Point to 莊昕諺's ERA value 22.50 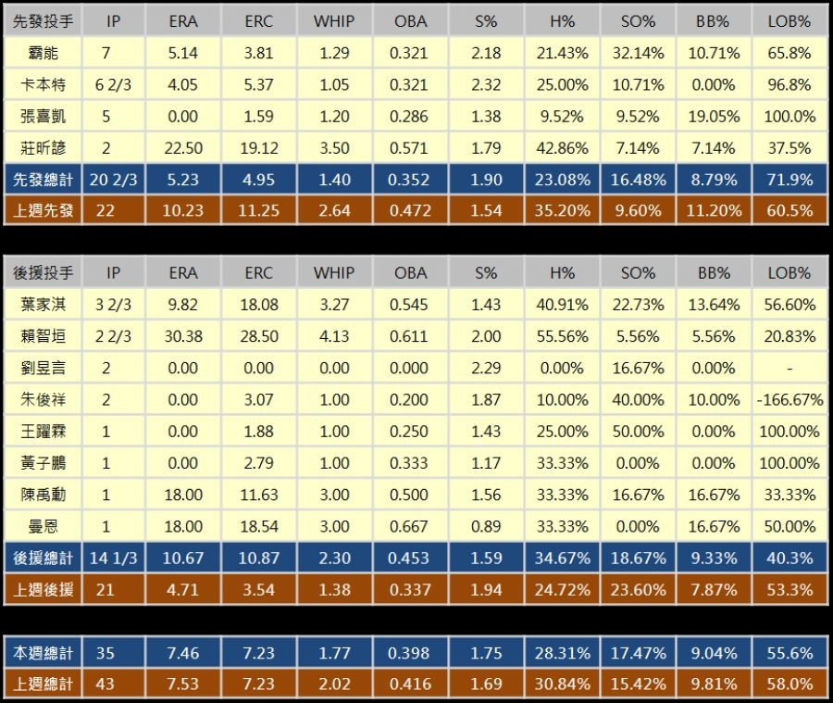tap(183, 147)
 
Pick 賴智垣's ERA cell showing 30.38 tap(183, 336)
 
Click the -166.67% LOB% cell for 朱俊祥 tap(789, 400)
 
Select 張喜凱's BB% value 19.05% tap(714, 116)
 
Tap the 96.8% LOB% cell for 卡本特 tap(789, 84)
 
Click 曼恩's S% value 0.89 tap(486, 526)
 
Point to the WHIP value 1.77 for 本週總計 tap(334, 653)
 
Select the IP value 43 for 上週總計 tap(106, 684)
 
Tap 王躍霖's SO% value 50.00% tap(638, 432)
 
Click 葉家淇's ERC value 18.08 tap(259, 304)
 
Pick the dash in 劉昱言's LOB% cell tap(789, 369)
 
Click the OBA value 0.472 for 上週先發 tap(410, 210)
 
